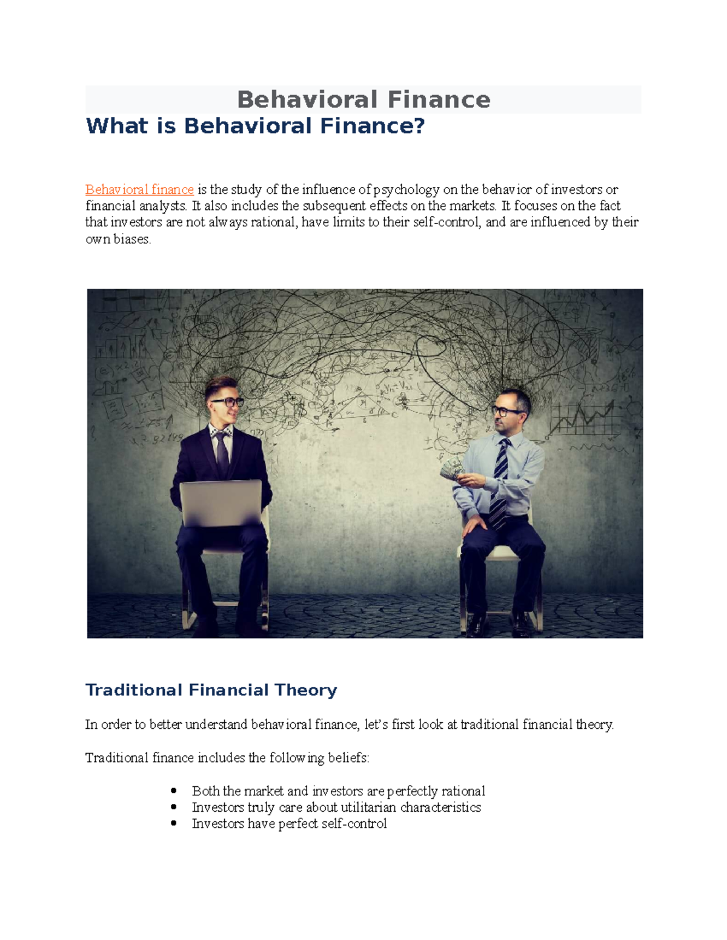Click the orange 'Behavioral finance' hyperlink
click(x=139, y=189)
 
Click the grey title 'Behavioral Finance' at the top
click(x=363, y=99)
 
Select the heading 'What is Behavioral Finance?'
click(x=255, y=126)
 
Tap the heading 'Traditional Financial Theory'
click(x=211, y=690)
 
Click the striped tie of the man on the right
click(x=500, y=484)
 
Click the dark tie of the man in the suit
click(x=222, y=454)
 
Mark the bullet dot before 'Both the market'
click(x=174, y=790)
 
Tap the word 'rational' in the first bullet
click(x=463, y=791)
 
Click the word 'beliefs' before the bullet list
click(x=347, y=758)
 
